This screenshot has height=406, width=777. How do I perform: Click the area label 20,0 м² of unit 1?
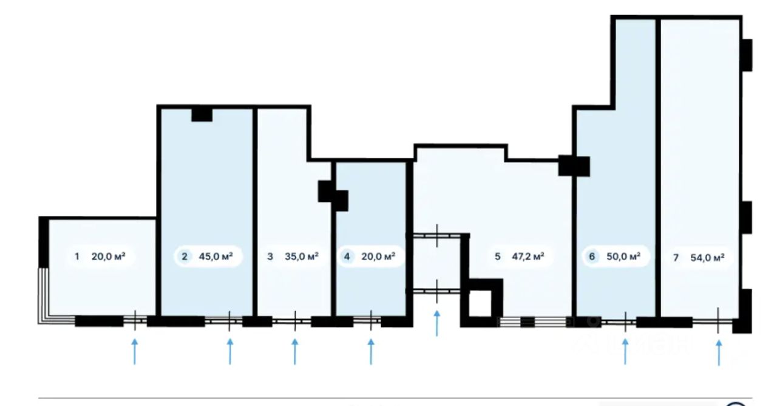point(108,256)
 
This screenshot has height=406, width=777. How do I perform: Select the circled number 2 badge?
point(184,256)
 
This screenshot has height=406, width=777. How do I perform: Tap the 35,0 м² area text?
point(302,256)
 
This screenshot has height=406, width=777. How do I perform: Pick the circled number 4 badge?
point(347,256)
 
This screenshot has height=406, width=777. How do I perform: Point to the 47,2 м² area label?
point(527,256)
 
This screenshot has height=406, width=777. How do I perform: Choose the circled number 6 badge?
point(592,256)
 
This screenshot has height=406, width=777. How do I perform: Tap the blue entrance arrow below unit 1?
point(135,352)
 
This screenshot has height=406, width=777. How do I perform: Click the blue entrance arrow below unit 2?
point(230,352)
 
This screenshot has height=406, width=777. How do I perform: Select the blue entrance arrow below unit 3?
point(295,352)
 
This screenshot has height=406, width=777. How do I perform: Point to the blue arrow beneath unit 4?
point(372,352)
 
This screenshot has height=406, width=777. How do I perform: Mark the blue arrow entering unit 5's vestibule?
point(437,323)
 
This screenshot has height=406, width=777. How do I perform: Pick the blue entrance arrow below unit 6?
point(625,352)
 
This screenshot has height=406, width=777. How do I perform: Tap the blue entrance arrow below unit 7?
point(719,353)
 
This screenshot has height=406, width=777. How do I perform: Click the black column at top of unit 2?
point(202,114)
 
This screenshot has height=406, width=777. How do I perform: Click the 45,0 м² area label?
point(215,256)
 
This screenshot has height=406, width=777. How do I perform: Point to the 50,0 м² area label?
point(623,256)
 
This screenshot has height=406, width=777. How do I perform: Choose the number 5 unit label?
point(497,256)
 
